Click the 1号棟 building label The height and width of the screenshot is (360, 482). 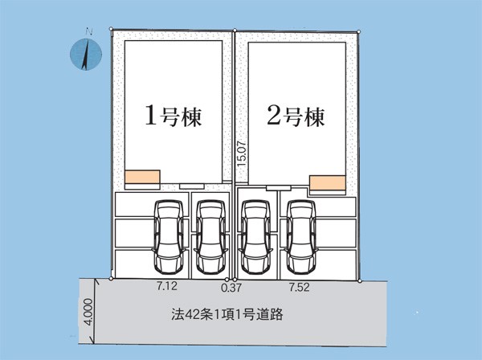(x=174, y=116)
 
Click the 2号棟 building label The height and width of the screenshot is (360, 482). (x=296, y=117)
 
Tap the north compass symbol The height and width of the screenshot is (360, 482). (x=86, y=54)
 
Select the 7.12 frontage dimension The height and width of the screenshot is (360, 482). (x=167, y=286)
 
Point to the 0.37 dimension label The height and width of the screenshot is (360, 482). (x=231, y=288)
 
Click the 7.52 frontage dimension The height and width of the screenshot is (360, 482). (x=299, y=287)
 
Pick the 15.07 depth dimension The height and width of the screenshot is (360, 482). (x=242, y=154)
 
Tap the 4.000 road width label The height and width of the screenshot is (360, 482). (x=88, y=312)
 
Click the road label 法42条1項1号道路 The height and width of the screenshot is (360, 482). (x=227, y=314)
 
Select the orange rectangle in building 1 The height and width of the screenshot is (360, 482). (x=142, y=177)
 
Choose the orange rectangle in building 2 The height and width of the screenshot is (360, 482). (x=328, y=182)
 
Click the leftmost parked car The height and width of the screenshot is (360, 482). (x=169, y=237)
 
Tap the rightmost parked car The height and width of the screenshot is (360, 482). (x=301, y=237)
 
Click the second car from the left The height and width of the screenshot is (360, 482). (x=210, y=237)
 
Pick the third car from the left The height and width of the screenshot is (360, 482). (x=255, y=237)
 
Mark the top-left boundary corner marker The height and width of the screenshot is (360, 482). (x=112, y=29)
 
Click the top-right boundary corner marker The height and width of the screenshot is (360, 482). (x=359, y=31)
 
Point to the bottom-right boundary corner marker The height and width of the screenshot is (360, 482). (x=360, y=281)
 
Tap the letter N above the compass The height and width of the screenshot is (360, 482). (x=89, y=31)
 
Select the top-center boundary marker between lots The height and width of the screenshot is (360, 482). (x=235, y=30)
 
